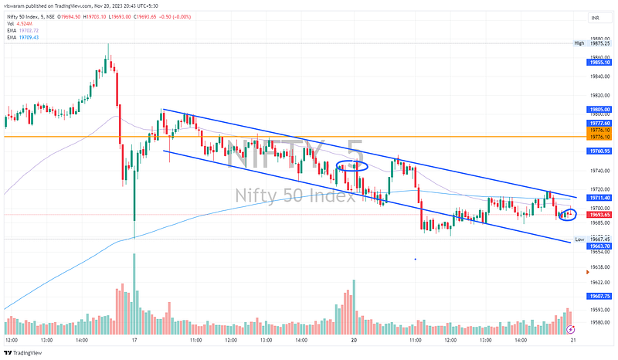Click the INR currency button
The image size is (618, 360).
click(x=595, y=17)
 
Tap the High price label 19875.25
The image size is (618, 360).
click(x=599, y=43)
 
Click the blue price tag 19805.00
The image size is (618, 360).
click(x=599, y=110)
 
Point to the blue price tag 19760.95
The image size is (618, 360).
click(x=599, y=151)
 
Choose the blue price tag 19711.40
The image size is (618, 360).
click(x=599, y=198)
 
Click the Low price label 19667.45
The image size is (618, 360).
click(x=599, y=239)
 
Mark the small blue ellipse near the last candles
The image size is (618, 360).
click(x=567, y=213)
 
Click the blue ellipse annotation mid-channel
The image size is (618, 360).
click(x=351, y=165)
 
